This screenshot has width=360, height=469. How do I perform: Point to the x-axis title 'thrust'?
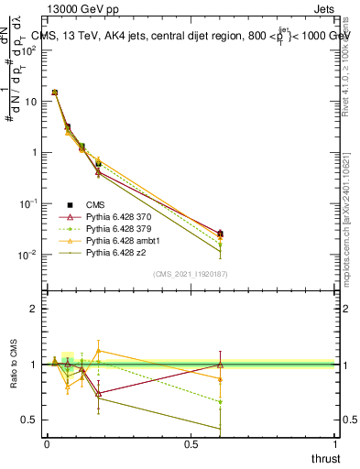pyautogui.click(x=324, y=458)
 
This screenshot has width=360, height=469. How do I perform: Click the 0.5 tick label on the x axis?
pyautogui.click(x=191, y=444)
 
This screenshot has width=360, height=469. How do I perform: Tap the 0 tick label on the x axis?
pyautogui.click(x=47, y=444)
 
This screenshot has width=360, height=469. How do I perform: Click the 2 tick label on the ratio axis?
pyautogui.click(x=33, y=309)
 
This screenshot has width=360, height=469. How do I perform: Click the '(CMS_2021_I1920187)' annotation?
pyautogui.click(x=190, y=274)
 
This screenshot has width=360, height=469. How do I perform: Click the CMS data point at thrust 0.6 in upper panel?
pyautogui.click(x=219, y=234)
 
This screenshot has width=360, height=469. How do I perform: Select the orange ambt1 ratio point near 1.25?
pyautogui.click(x=98, y=351)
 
